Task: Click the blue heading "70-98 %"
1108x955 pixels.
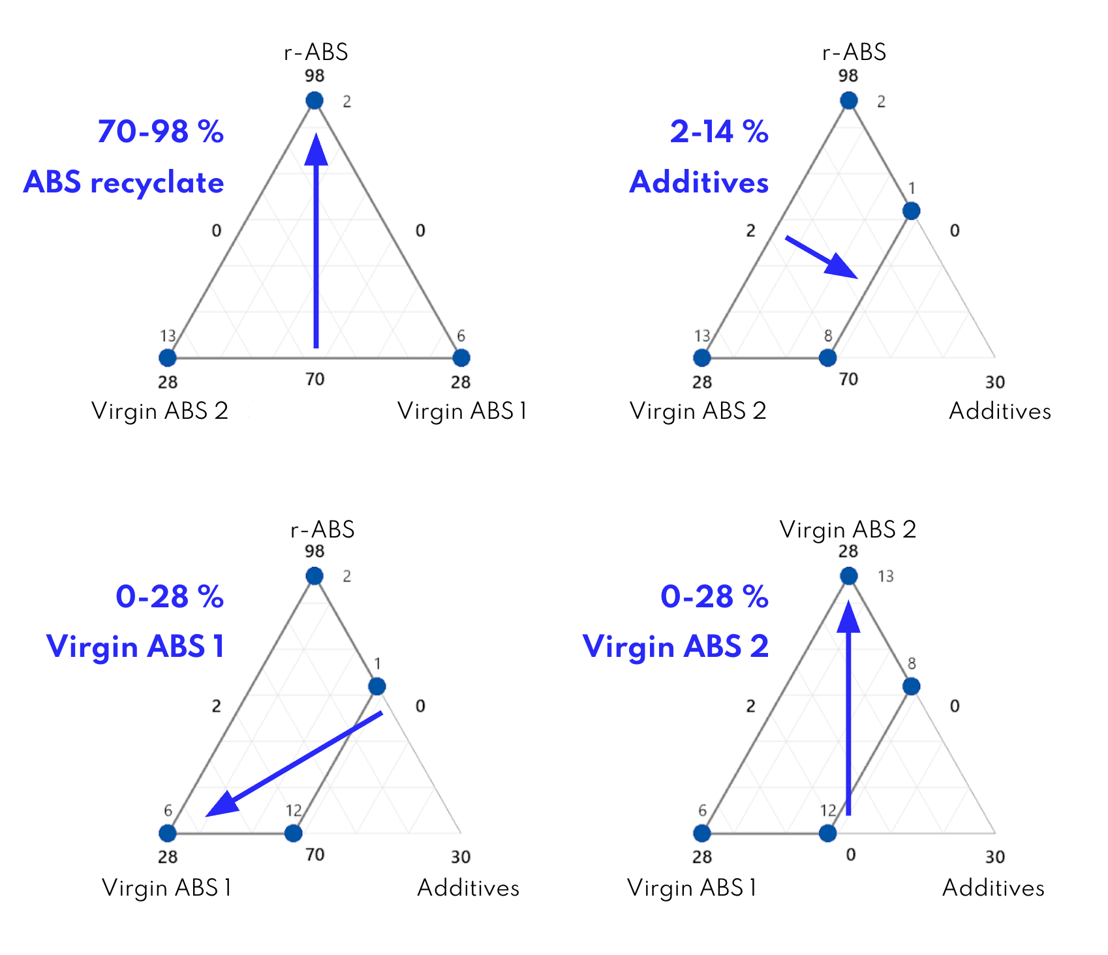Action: tap(161, 132)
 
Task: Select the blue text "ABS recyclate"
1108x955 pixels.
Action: tap(124, 183)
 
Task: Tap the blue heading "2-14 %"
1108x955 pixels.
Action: tap(719, 132)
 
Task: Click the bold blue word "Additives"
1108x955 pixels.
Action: tap(699, 182)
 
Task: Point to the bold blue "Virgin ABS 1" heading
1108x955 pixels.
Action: tap(136, 646)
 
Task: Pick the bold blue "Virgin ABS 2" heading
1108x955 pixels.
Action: tap(676, 646)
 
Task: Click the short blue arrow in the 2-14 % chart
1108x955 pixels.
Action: tap(821, 257)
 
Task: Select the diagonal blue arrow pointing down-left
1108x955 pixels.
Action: tap(294, 764)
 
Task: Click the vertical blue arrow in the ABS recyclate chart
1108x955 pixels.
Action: tap(316, 241)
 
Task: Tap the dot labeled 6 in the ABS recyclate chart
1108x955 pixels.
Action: tap(461, 357)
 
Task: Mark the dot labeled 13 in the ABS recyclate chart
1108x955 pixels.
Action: tap(168, 357)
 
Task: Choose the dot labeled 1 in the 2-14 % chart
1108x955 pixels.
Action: tap(911, 211)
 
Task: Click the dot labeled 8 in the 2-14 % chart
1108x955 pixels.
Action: tap(827, 357)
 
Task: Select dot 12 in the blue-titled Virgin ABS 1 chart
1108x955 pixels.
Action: tap(294, 833)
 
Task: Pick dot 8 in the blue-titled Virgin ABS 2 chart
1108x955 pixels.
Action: tap(911, 686)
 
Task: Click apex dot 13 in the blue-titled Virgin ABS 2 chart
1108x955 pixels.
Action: tap(848, 576)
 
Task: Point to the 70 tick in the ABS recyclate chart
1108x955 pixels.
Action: tap(315, 379)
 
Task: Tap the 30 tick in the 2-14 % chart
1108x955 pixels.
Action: tap(994, 382)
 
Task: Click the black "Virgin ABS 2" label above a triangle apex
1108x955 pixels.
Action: tap(848, 529)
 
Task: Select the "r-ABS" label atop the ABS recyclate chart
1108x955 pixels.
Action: tap(316, 52)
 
